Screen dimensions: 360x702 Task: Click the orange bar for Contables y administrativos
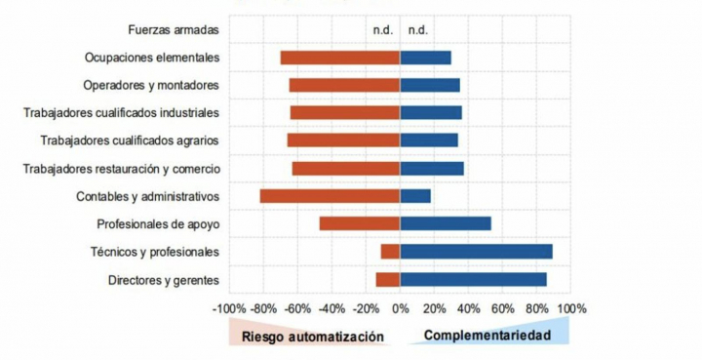(330, 196)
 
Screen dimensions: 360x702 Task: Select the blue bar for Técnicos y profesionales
(476, 252)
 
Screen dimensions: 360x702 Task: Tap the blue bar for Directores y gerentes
(473, 280)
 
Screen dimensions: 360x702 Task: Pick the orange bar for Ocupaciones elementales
(340, 58)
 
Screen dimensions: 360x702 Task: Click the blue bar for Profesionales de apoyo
(446, 223)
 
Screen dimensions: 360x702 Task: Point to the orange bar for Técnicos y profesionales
(390, 252)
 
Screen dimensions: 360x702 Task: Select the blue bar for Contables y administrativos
(415, 196)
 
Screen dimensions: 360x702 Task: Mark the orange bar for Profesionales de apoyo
(360, 223)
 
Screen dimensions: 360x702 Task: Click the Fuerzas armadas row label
(173, 30)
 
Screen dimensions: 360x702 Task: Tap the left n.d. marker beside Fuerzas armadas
(382, 30)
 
